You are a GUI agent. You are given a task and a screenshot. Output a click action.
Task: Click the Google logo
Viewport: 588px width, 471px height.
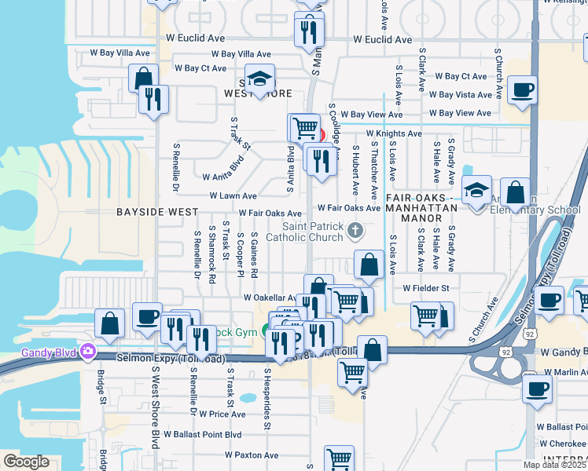[27, 462]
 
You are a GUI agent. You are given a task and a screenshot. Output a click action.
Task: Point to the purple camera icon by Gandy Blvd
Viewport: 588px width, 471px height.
[88, 351]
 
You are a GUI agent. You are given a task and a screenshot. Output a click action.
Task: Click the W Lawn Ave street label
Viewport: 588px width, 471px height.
[233, 196]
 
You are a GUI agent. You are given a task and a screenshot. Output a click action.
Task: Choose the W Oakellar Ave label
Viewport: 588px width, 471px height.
[269, 298]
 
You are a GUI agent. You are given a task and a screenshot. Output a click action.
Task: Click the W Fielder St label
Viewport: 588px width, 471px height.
[425, 288]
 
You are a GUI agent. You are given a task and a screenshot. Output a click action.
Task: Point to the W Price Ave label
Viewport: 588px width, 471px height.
[222, 414]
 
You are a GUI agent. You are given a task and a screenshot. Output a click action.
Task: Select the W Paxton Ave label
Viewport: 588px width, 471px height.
[252, 455]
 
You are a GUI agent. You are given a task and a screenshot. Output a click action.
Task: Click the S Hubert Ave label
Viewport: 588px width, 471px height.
[355, 170]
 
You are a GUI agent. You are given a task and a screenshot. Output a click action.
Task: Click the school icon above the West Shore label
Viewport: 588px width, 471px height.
[259, 79]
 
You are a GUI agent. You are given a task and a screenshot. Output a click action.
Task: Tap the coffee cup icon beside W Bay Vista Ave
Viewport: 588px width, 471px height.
[522, 90]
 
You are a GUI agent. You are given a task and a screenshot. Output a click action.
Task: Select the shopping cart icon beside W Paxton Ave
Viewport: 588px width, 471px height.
[339, 459]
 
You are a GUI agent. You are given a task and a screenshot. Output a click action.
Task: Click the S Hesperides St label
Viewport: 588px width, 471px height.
[267, 400]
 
